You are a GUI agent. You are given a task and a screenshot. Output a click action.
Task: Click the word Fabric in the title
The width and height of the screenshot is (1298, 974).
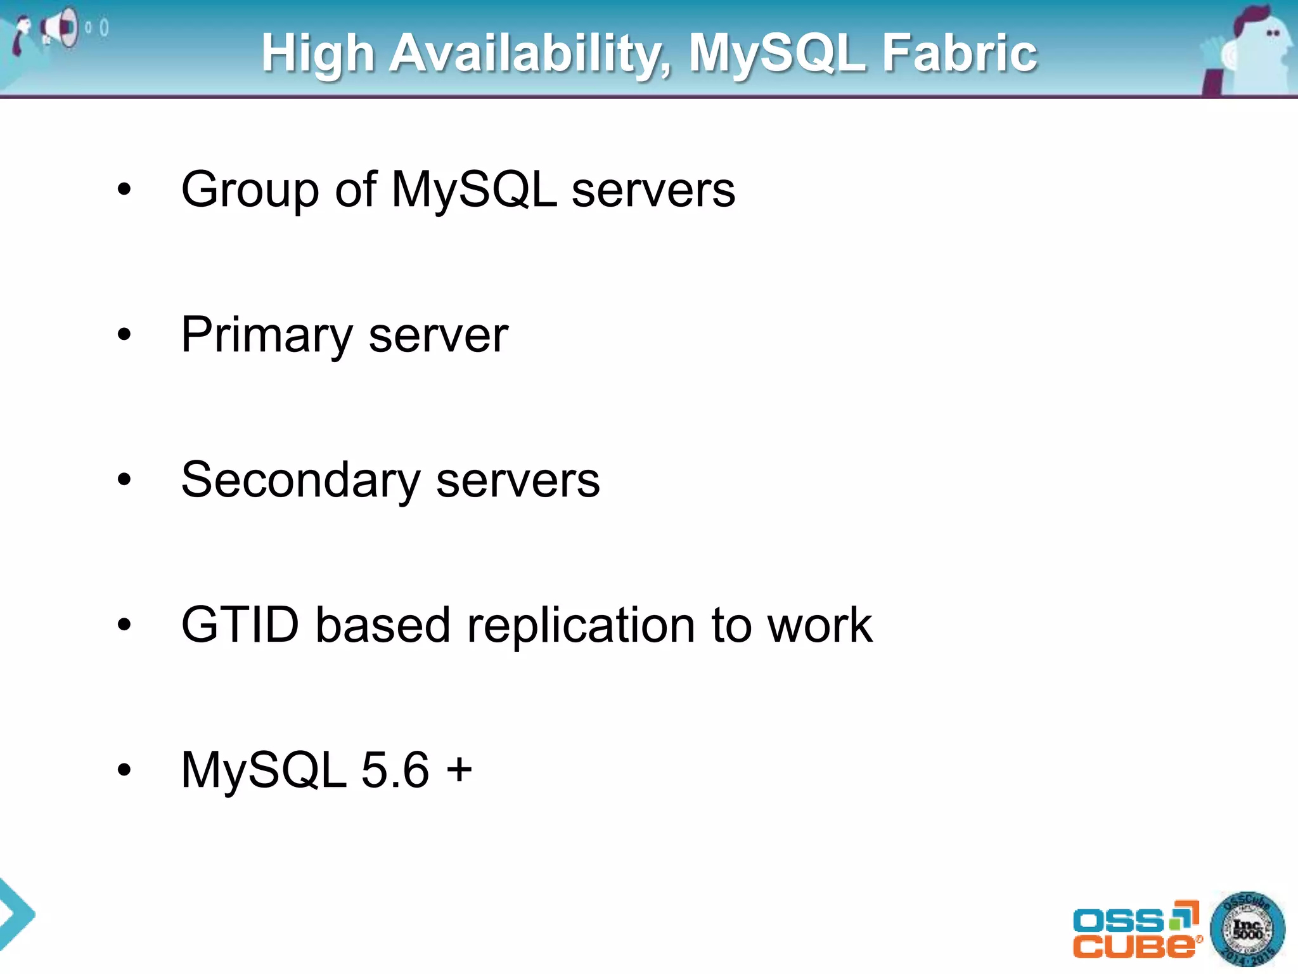pos(960,53)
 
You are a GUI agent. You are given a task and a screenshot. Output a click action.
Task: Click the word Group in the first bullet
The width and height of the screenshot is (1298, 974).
pos(249,190)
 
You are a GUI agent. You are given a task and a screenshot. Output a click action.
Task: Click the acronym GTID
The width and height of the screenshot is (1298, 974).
pos(240,625)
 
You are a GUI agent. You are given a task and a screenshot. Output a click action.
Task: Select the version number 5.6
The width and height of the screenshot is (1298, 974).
pos(395,770)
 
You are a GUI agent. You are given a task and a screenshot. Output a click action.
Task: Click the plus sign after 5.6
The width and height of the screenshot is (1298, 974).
pos(459,770)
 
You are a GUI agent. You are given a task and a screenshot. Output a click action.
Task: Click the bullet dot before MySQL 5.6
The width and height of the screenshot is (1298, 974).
pos(124,770)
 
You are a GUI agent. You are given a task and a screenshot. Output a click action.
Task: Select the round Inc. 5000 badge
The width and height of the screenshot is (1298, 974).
pos(1247,930)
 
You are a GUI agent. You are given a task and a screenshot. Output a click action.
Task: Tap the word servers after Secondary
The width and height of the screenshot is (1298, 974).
pos(517,481)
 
